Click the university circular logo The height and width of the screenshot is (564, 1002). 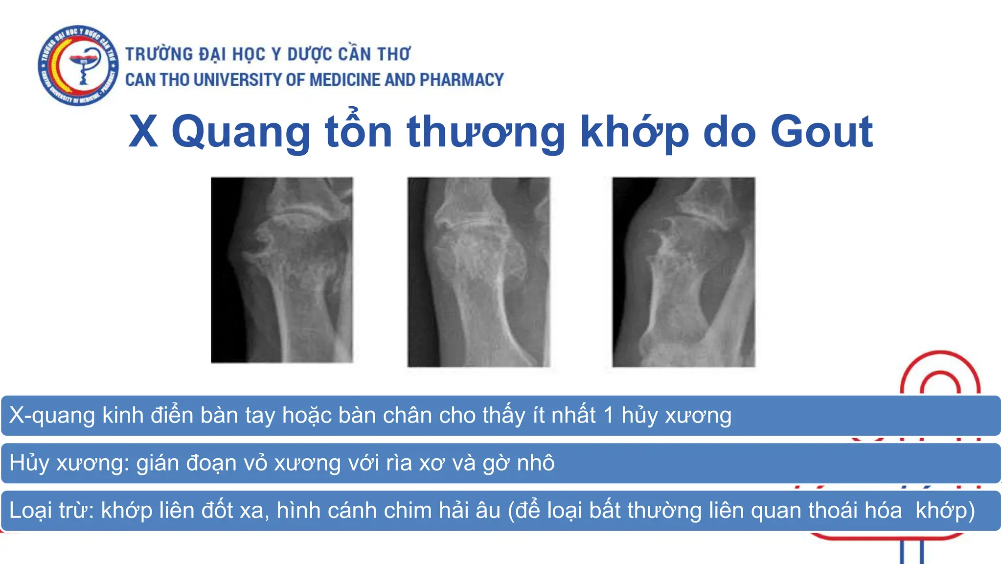[x=78, y=65]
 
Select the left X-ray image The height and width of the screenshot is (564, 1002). [x=282, y=270]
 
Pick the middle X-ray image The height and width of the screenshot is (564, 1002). [x=478, y=272]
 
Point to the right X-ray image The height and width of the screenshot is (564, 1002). [x=683, y=272]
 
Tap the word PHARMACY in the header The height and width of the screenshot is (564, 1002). [x=461, y=80]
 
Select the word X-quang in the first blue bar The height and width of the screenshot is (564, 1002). [x=52, y=416]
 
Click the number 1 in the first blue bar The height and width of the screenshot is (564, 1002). [x=608, y=416]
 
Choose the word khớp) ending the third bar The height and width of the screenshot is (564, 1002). [x=945, y=511]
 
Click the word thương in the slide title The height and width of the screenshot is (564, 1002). [x=486, y=132]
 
